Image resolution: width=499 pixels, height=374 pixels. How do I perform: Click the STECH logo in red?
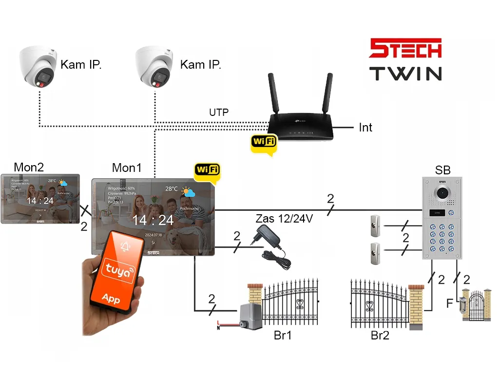[405, 49]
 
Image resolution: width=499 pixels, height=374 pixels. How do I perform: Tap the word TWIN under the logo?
[405, 74]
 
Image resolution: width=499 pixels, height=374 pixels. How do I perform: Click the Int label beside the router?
[365, 128]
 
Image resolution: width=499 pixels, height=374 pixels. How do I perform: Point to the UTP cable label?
[219, 112]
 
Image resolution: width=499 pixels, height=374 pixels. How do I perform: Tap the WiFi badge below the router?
[263, 142]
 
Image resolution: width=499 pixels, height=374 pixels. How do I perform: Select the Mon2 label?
[29, 168]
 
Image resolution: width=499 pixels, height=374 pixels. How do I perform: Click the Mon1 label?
[127, 168]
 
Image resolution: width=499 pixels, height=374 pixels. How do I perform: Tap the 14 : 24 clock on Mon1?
[153, 220]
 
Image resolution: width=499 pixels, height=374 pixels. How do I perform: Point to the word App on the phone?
[111, 298]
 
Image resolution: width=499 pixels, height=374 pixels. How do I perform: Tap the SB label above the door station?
[442, 170]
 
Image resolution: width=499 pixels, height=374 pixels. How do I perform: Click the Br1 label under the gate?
[283, 336]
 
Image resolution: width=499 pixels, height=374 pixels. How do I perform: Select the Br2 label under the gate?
[380, 336]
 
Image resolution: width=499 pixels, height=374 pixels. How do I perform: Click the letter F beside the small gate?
[449, 304]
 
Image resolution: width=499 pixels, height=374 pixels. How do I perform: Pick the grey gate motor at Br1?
[251, 316]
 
